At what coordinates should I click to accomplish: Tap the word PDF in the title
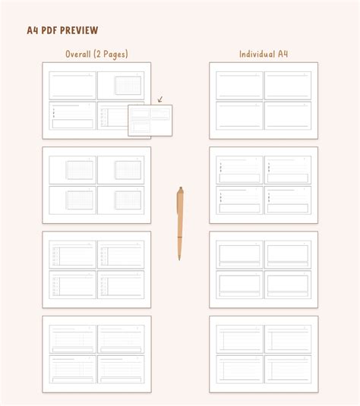(x=48, y=30)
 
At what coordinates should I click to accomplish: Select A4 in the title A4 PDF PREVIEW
(x=32, y=30)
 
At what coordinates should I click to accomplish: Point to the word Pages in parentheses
(x=115, y=54)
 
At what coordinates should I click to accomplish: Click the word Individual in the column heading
(x=256, y=54)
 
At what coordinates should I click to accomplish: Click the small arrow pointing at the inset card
(x=159, y=99)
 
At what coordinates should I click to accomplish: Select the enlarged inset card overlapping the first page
(x=150, y=120)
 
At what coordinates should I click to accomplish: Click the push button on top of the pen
(x=180, y=189)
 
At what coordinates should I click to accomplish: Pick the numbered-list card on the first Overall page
(x=73, y=115)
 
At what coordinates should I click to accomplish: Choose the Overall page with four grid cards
(x=96, y=185)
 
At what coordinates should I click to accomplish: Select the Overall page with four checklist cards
(x=96, y=269)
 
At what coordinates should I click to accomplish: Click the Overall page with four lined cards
(x=96, y=354)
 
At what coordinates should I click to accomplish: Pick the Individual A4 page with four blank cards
(x=264, y=100)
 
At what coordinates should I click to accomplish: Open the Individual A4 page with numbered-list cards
(x=264, y=185)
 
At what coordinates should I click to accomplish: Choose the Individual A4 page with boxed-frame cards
(x=264, y=269)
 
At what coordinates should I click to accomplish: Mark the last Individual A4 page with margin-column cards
(x=264, y=354)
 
